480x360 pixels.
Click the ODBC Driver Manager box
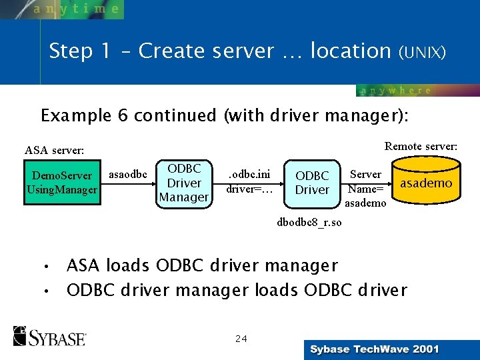(x=183, y=183)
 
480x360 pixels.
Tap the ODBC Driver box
(x=312, y=183)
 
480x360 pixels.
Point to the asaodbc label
(x=127, y=175)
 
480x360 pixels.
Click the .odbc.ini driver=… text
(x=249, y=181)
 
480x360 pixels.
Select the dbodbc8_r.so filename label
(x=309, y=223)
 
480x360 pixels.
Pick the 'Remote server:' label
(x=421, y=145)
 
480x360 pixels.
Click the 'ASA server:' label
(x=54, y=151)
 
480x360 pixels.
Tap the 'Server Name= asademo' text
(x=365, y=189)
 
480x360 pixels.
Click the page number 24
(x=241, y=339)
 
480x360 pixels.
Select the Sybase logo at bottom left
(x=49, y=336)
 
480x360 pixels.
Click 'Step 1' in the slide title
(x=74, y=51)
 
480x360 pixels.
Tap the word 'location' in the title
(x=350, y=51)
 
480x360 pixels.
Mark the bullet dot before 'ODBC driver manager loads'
(x=46, y=292)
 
